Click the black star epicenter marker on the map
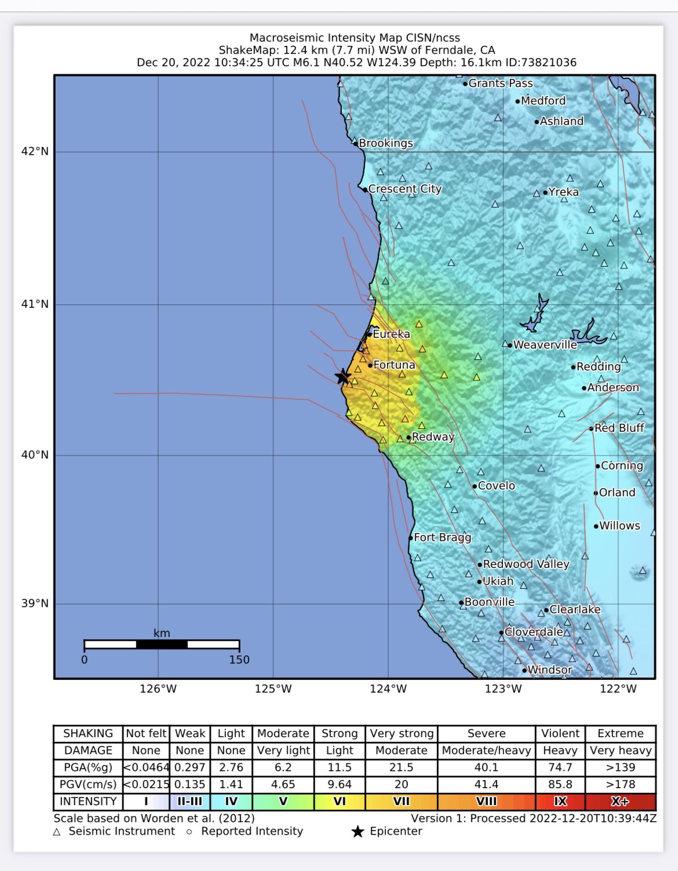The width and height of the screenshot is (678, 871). click(x=342, y=377)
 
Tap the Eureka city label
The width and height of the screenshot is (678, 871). click(x=391, y=334)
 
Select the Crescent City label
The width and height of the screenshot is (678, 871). click(x=404, y=189)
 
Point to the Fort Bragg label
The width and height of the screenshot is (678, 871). click(x=442, y=537)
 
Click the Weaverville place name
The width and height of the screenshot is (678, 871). click(x=545, y=345)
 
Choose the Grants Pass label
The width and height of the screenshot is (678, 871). click(x=500, y=83)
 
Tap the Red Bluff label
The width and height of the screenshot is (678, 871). click(x=619, y=428)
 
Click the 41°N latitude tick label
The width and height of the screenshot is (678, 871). click(x=35, y=304)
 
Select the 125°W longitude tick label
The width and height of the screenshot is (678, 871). click(x=273, y=688)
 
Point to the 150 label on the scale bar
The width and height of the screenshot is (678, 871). click(x=239, y=659)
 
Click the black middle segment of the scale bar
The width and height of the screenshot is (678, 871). click(x=162, y=644)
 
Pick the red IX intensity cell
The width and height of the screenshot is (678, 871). click(x=560, y=801)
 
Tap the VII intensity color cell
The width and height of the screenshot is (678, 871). click(x=401, y=801)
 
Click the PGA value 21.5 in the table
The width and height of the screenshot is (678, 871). click(x=401, y=767)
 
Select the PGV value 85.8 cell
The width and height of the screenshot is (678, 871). click(x=560, y=784)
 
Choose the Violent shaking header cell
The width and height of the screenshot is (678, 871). click(x=560, y=733)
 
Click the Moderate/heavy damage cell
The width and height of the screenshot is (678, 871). click(x=486, y=750)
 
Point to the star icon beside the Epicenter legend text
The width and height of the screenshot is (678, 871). click(x=358, y=832)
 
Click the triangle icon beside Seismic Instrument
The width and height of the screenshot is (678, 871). click(x=57, y=832)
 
